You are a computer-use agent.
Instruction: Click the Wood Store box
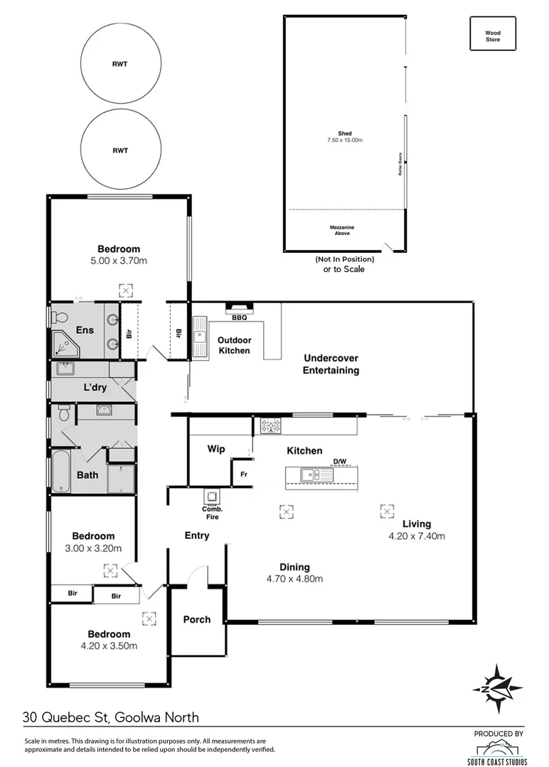pyautogui.click(x=492, y=36)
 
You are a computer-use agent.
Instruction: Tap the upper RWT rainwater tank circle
pyautogui.click(x=120, y=64)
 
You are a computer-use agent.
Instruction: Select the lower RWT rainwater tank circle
pyautogui.click(x=120, y=151)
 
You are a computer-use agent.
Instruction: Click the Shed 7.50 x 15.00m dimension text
pyautogui.click(x=344, y=141)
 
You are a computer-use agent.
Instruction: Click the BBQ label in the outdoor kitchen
pyautogui.click(x=239, y=317)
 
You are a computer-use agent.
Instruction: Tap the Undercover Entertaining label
pyautogui.click(x=331, y=364)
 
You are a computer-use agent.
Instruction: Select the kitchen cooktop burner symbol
pyautogui.click(x=271, y=425)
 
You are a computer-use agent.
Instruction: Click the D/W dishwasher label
pyautogui.click(x=340, y=462)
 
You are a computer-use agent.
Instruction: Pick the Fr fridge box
pyautogui.click(x=243, y=473)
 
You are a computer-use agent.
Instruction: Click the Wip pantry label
pyautogui.click(x=216, y=449)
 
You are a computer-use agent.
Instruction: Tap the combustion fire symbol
pyautogui.click(x=212, y=496)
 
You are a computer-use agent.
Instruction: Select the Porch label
pyautogui.click(x=197, y=619)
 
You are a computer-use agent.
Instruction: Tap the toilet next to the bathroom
pyautogui.click(x=63, y=413)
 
